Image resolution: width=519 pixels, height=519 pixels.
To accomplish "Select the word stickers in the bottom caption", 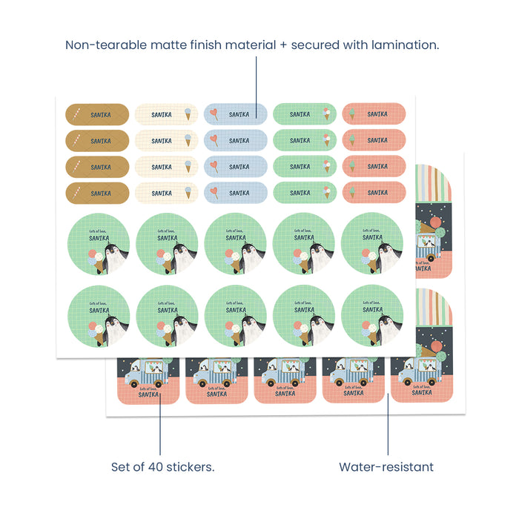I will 194,467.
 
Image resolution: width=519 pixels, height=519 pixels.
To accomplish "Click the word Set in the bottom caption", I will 121,467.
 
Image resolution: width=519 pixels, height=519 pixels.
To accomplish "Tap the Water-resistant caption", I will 386,467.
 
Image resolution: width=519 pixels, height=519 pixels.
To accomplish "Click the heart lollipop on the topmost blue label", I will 214,114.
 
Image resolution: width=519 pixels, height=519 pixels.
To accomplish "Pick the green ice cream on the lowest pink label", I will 351,193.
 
